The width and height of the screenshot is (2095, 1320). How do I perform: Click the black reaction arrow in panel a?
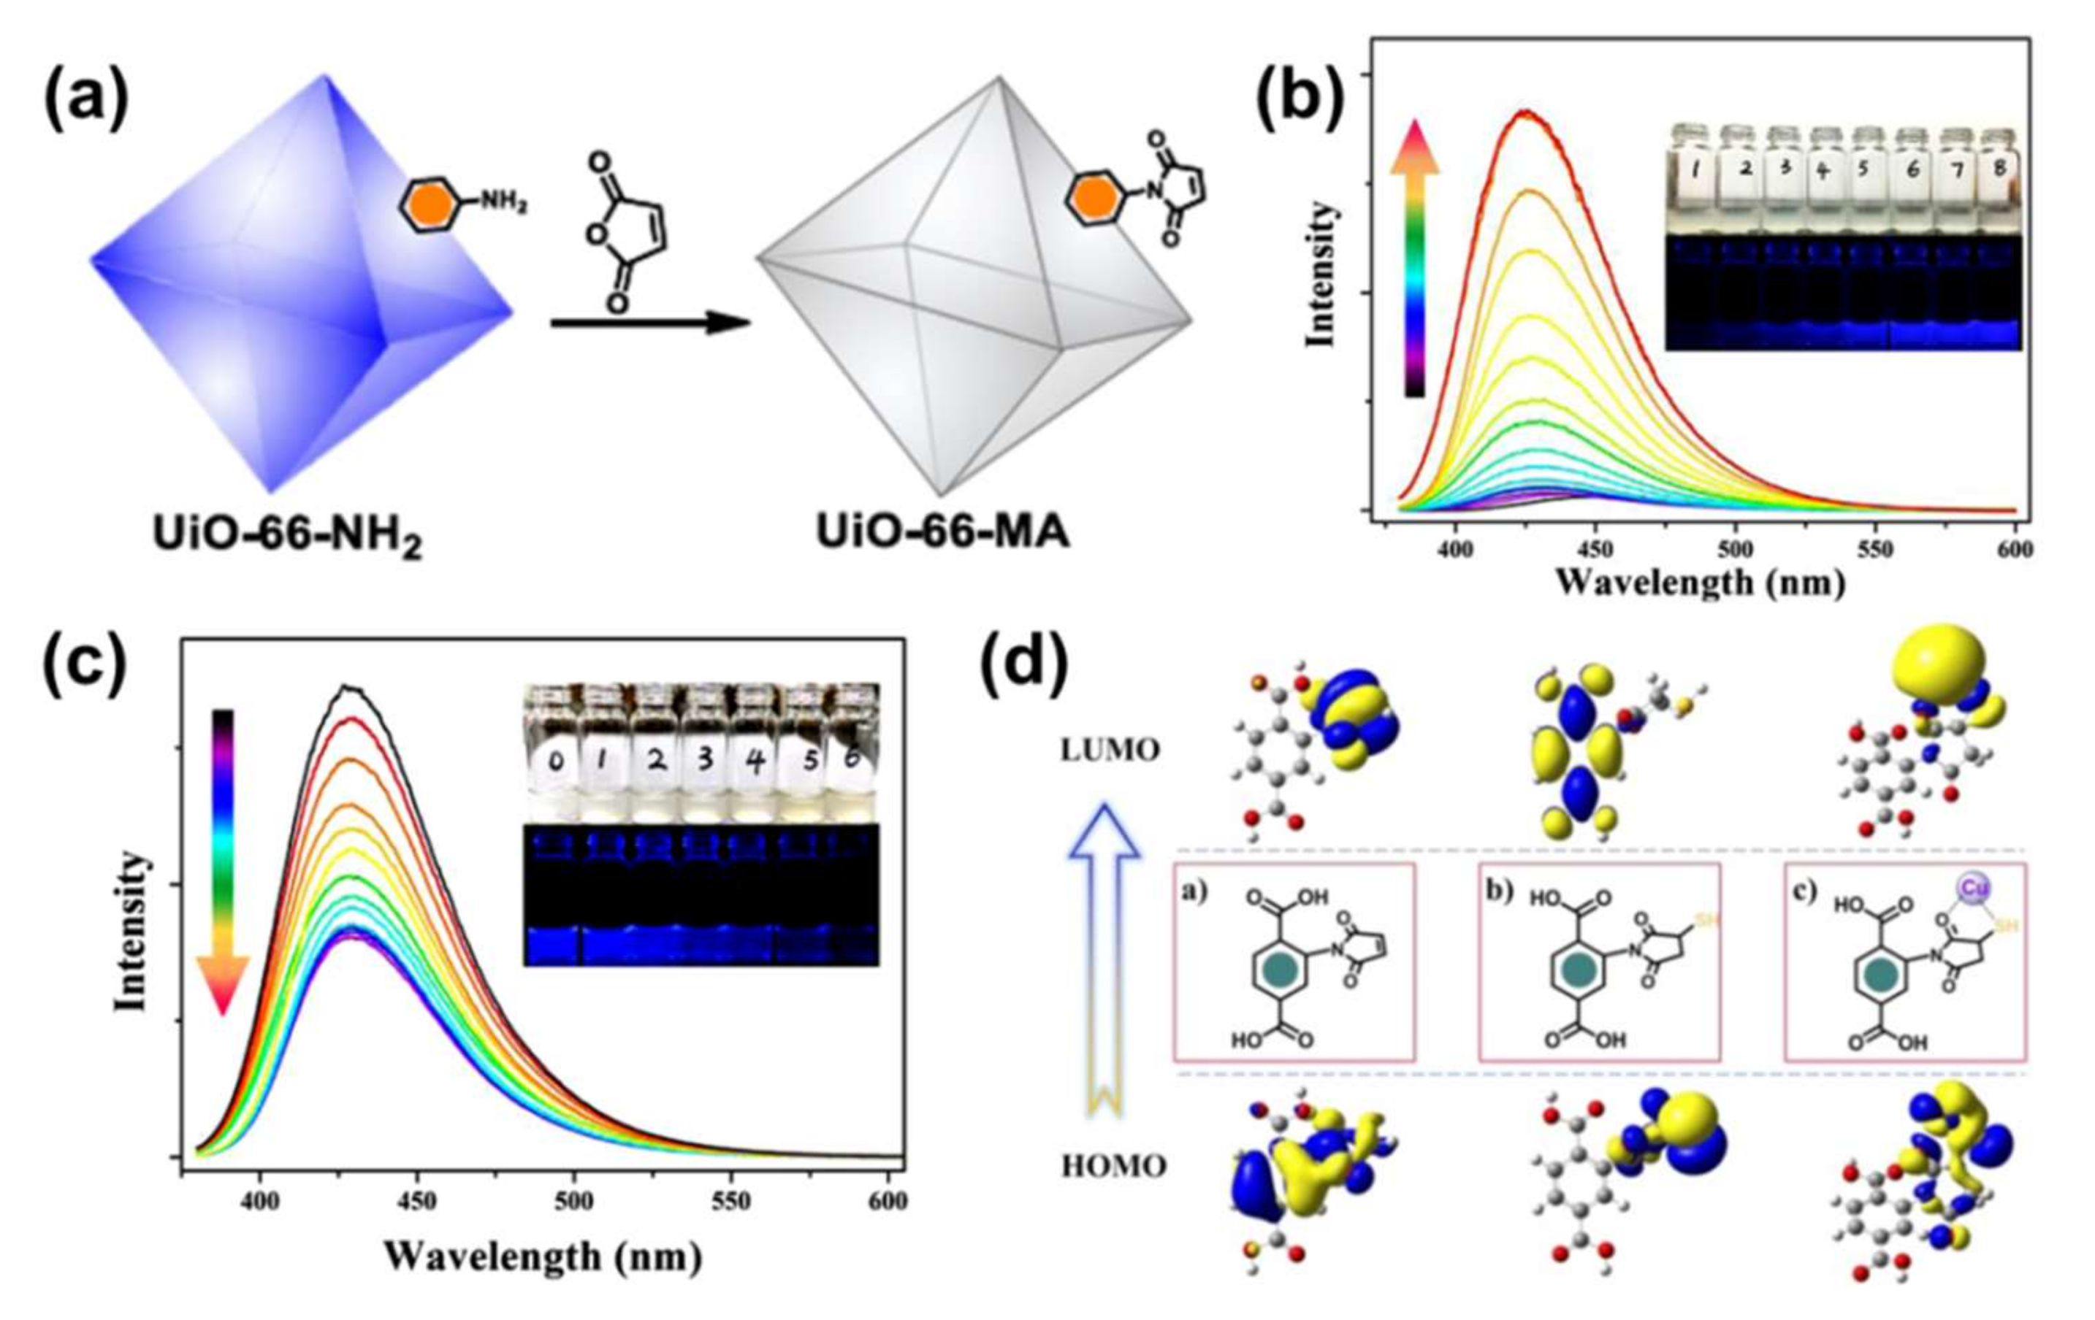(x=650, y=323)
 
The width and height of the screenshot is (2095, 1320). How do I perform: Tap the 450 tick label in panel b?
(x=1595, y=550)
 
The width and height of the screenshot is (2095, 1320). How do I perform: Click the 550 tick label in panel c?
(x=730, y=1202)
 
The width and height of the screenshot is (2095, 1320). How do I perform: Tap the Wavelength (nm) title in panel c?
(x=543, y=1256)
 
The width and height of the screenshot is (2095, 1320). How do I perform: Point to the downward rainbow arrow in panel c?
(x=223, y=861)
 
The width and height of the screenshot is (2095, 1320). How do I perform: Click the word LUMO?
(x=1110, y=751)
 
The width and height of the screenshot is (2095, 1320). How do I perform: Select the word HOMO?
(x=1113, y=1165)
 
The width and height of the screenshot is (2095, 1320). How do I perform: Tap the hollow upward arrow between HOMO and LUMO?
(x=1103, y=956)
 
